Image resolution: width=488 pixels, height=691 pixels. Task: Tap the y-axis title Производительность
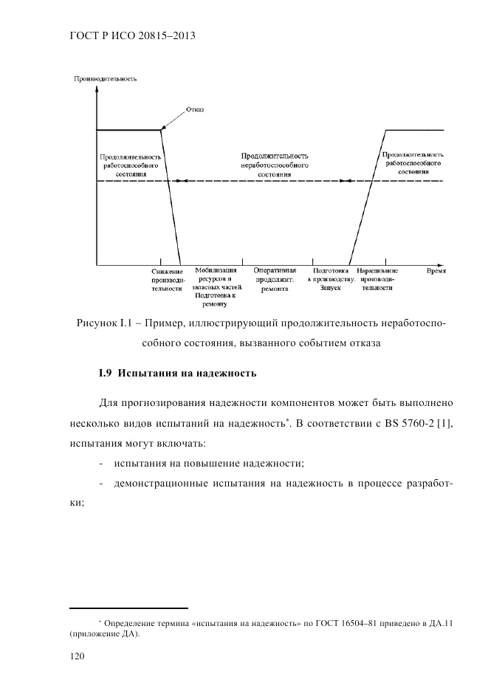coord(106,79)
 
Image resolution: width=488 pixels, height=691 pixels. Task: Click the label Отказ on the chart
coord(195,109)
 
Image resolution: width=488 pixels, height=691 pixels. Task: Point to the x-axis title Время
coord(436,271)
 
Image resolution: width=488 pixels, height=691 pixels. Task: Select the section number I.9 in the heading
coord(104,373)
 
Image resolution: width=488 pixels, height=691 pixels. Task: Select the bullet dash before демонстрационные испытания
coord(101,483)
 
